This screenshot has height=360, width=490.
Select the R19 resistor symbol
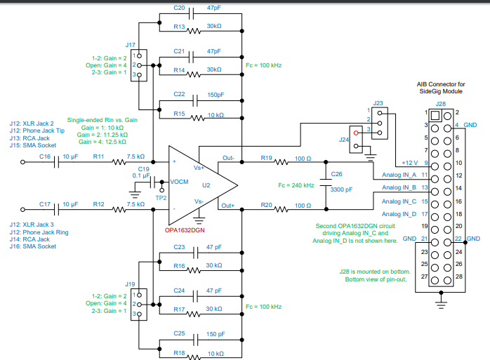pos(281,162)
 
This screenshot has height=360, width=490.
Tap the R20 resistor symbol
pos(281,210)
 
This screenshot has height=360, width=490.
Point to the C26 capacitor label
pos(337,173)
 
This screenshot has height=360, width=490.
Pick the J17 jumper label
pos(131,44)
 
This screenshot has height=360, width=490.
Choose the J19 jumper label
pos(131,284)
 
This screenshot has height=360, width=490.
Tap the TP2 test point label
pos(161,198)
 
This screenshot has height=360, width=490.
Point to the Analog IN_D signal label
pos(399,214)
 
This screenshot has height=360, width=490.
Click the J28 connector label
pos(440,103)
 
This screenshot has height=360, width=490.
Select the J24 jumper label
pos(344,140)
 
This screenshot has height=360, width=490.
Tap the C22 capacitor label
pos(179,93)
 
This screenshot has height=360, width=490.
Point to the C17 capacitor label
pos(46,204)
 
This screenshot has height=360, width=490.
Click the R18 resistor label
pos(179,354)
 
